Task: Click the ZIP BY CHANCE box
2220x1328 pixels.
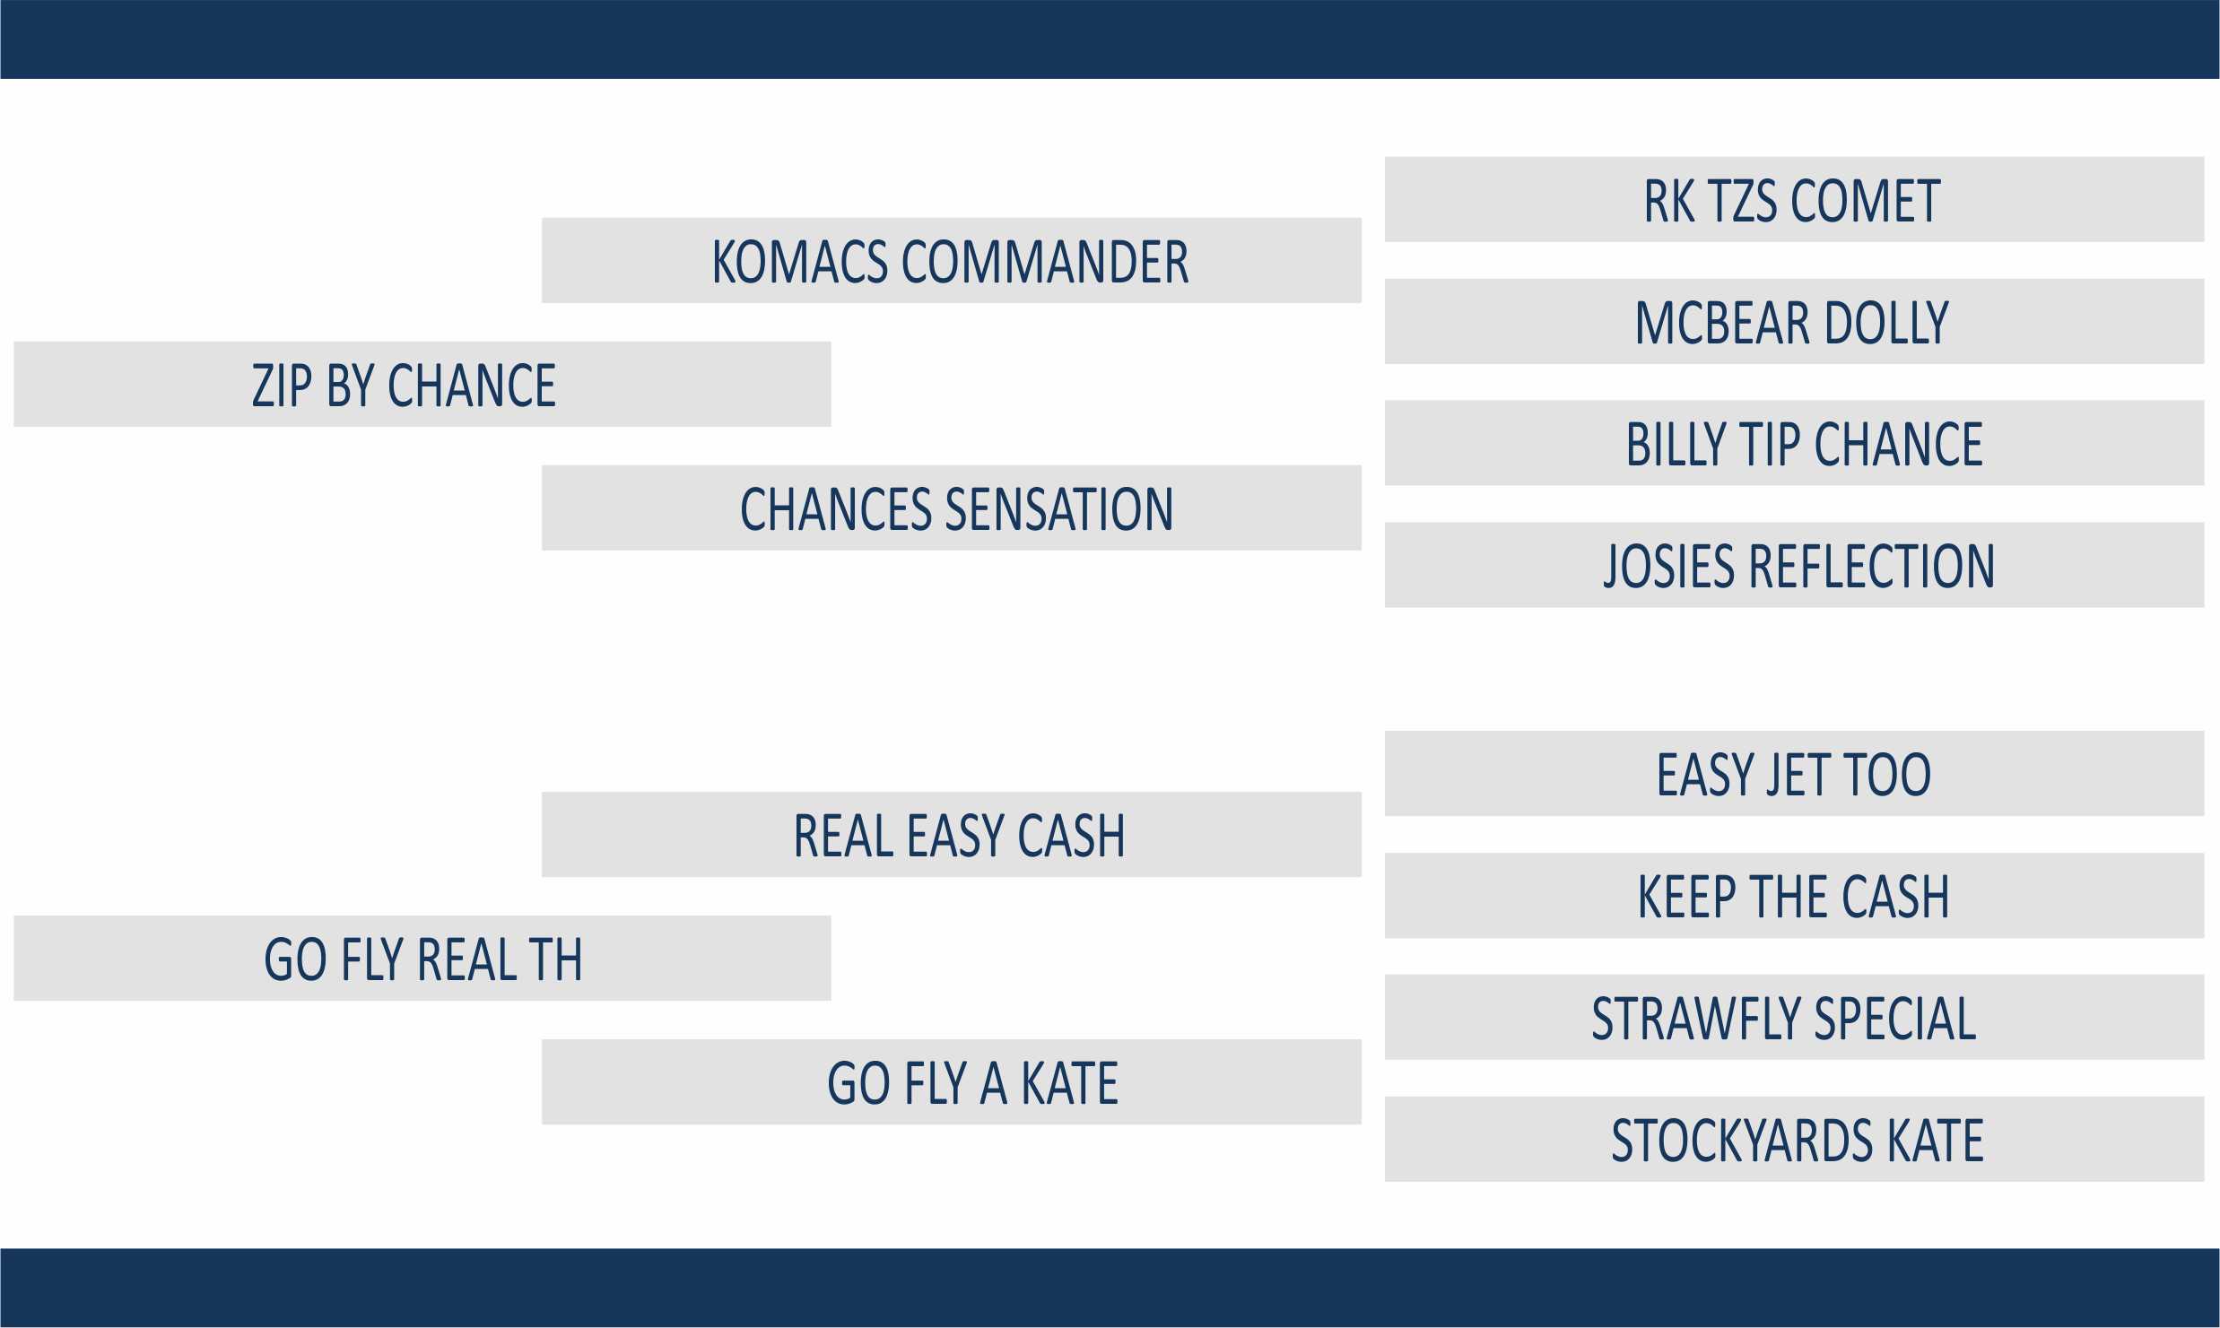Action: point(422,384)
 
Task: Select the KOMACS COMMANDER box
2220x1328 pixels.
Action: point(952,260)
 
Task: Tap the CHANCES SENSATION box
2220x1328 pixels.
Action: point(952,508)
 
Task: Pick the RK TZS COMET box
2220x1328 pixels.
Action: point(1794,199)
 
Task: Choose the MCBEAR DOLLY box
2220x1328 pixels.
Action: point(1794,321)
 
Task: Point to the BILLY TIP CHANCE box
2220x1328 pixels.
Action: point(1794,443)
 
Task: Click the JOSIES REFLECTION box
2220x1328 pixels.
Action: point(1794,565)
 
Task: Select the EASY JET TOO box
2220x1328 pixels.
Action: point(1794,774)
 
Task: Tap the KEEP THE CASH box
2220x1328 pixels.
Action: point(1794,896)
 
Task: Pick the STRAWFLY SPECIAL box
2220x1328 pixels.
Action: point(1794,1017)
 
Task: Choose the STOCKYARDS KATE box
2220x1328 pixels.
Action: point(1794,1139)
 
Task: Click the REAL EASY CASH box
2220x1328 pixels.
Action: point(952,834)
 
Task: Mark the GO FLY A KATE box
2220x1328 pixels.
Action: point(952,1081)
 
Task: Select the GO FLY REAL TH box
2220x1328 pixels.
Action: point(422,958)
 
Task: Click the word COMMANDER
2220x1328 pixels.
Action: point(1045,262)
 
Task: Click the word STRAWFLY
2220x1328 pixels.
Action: point(1665,1019)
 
